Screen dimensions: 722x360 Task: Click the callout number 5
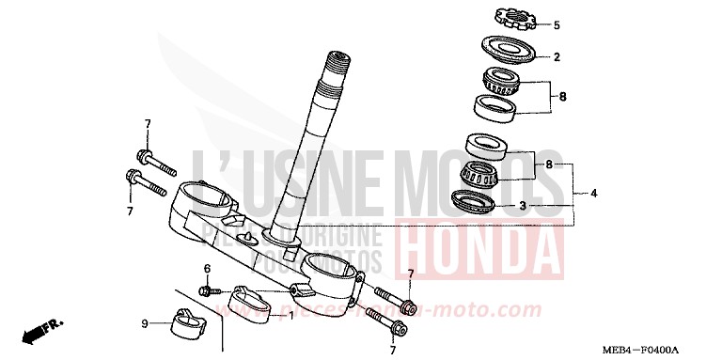[556, 24]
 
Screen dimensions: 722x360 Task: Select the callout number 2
[556, 57]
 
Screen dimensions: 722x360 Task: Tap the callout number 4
[594, 194]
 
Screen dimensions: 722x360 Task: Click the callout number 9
[145, 324]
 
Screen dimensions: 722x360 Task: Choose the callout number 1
[290, 315]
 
